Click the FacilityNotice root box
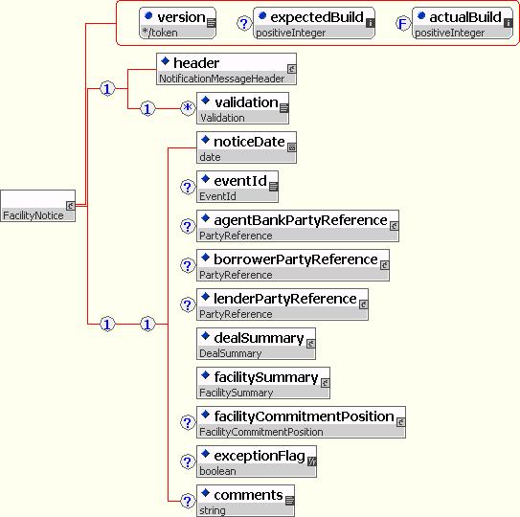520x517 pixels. [x=37, y=206]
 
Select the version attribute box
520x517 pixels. [x=178, y=23]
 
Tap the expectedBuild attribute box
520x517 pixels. [x=314, y=23]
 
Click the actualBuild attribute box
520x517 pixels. [x=463, y=23]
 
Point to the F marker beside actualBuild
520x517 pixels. [x=402, y=24]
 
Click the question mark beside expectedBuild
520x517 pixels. [x=244, y=24]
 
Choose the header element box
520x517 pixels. [x=227, y=69]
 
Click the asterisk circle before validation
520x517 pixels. [x=188, y=108]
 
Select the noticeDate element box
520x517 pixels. [x=246, y=147]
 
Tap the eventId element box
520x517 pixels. [x=237, y=187]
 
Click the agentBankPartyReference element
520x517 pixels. [x=298, y=226]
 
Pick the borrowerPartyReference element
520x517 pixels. [x=293, y=265]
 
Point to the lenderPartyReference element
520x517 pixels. [x=283, y=304]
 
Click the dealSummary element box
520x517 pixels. [x=256, y=344]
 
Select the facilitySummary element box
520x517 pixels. [x=263, y=383]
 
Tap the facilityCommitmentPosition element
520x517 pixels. [x=301, y=422]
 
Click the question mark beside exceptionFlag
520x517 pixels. [x=188, y=461]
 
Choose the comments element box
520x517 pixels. [x=245, y=501]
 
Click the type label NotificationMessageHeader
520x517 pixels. [x=222, y=79]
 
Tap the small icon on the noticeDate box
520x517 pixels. [x=292, y=147]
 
